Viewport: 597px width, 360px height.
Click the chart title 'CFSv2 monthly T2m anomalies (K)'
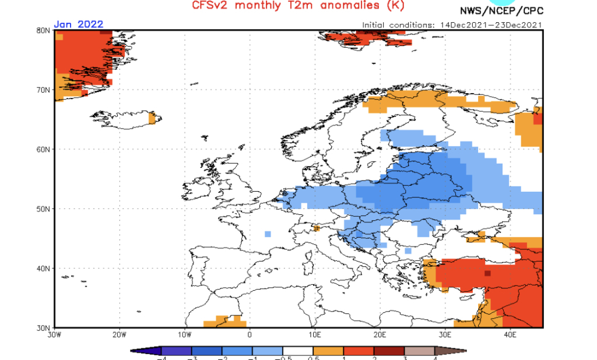[x=297, y=6]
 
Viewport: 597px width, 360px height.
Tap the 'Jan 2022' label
[x=79, y=24]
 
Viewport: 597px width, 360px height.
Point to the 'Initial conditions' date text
[x=452, y=24]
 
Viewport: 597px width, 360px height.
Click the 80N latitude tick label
[x=43, y=30]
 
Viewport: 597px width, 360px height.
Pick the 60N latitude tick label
[x=43, y=149]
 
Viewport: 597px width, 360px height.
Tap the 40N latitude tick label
[x=43, y=268]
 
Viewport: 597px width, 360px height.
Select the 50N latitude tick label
[x=43, y=209]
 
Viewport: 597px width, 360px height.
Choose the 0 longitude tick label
[x=250, y=334]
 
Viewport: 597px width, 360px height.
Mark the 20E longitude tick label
[x=380, y=334]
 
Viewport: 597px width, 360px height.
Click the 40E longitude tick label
[x=510, y=334]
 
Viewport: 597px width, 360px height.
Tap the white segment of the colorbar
[x=298, y=351]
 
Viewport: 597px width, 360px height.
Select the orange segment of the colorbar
[x=328, y=351]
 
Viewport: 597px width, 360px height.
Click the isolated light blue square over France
[x=268, y=234]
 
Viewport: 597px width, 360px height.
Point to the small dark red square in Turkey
[x=487, y=273]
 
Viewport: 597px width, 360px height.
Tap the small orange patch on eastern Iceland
[x=152, y=119]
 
